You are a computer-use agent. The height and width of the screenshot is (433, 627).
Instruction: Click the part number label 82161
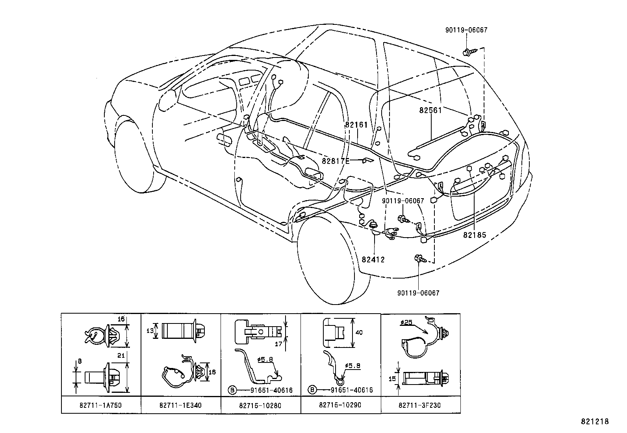click(356, 125)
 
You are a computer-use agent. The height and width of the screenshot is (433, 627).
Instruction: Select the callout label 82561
click(430, 110)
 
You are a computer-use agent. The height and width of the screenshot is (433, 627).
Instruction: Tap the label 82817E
click(336, 161)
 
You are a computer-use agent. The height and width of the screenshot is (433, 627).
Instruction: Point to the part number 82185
click(474, 235)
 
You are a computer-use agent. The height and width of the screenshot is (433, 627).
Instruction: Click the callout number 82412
click(373, 260)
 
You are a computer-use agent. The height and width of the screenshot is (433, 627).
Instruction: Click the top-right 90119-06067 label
click(466, 30)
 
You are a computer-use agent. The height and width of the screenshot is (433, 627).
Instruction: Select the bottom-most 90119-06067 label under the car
click(418, 293)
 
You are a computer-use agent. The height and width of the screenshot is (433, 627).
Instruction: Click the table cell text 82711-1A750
click(101, 405)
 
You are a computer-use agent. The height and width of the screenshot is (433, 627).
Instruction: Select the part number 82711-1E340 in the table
click(181, 405)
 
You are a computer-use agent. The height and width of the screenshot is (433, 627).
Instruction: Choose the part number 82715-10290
click(341, 405)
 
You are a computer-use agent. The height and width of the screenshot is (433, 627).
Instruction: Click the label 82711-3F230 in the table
click(420, 405)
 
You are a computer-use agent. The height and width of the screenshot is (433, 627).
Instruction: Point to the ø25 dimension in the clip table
click(406, 322)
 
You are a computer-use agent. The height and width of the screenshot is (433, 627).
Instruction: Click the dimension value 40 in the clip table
click(358, 332)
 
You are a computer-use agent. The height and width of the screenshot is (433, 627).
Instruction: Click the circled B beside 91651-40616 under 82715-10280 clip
click(232, 390)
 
